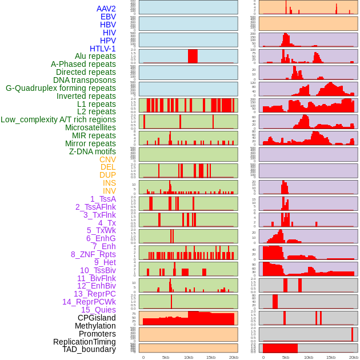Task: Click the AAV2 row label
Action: click(x=106, y=9)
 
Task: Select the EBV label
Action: click(x=108, y=17)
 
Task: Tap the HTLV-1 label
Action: click(x=103, y=49)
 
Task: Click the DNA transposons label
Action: click(x=85, y=81)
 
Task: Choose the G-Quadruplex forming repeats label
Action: click(x=61, y=89)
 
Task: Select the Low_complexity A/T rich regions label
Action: click(x=58, y=120)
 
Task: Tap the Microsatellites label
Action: click(x=90, y=128)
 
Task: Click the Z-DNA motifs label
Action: click(x=93, y=151)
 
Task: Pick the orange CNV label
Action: click(x=107, y=159)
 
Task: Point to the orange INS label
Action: click(x=109, y=183)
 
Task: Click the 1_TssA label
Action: click(x=103, y=199)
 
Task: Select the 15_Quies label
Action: click(x=98, y=310)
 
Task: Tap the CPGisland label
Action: click(x=97, y=318)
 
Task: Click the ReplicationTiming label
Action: click(x=85, y=342)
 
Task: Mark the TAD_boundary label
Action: click(x=89, y=349)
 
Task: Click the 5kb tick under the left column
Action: click(x=166, y=357)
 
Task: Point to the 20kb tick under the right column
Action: click(x=354, y=357)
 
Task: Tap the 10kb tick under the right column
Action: click(x=309, y=357)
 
